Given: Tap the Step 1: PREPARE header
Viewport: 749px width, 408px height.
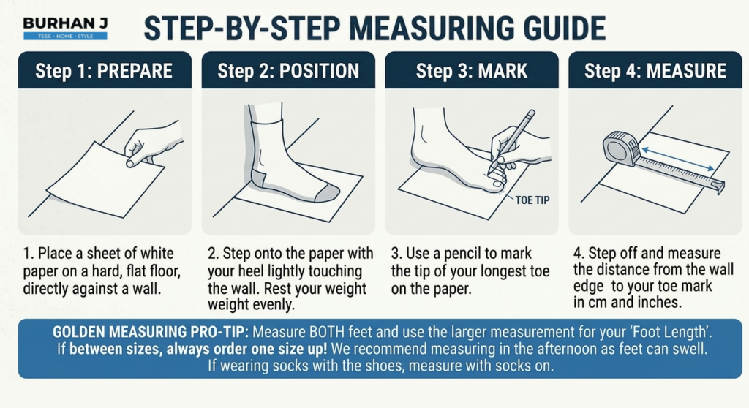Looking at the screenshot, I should [104, 70].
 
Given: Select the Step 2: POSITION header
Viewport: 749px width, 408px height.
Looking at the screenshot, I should [288, 70].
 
